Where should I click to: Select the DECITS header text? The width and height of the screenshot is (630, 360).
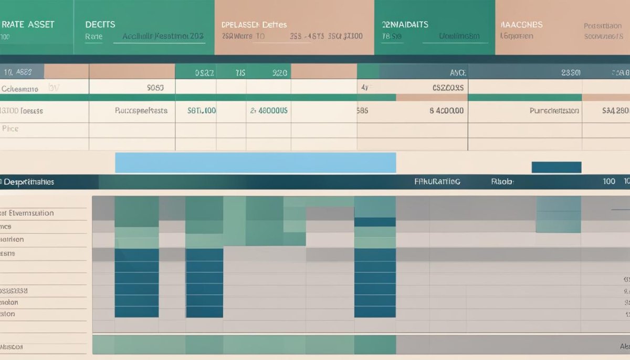click(100, 25)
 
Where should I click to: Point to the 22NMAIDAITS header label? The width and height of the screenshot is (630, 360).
click(405, 25)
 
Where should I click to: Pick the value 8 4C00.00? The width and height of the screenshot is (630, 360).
click(446, 111)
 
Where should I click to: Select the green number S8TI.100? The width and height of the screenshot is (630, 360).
click(202, 111)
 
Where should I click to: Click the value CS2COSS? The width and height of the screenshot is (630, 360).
click(447, 88)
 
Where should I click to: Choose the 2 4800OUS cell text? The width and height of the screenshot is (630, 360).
click(269, 111)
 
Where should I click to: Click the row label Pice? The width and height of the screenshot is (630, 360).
click(10, 128)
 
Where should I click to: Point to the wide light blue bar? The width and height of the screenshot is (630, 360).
click(255, 163)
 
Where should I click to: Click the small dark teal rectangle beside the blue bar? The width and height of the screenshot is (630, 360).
click(556, 167)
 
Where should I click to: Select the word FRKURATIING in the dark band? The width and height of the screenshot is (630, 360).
click(437, 182)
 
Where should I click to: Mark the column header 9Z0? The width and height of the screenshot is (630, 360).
click(279, 73)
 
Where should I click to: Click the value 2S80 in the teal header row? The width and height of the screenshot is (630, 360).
click(571, 73)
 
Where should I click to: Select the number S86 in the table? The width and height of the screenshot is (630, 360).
click(362, 111)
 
